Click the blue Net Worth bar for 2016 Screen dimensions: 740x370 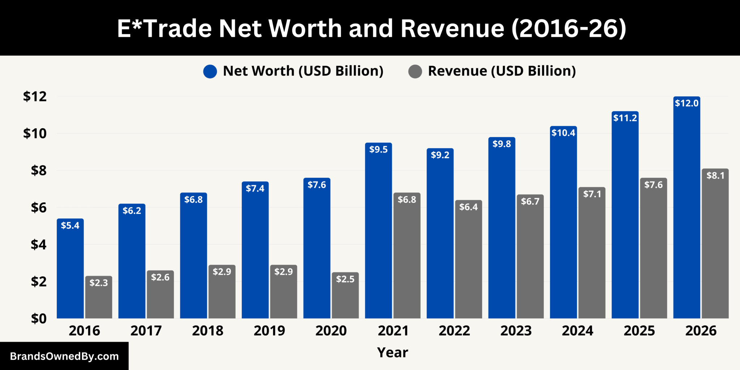[70, 268]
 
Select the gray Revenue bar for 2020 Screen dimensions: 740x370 [345, 295]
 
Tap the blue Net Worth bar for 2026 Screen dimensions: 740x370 [687, 207]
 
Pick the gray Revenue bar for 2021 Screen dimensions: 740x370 [407, 255]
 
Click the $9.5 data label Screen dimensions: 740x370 [378, 150]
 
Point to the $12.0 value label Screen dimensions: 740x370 [687, 103]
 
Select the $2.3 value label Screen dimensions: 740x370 [99, 283]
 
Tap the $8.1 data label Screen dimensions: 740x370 [715, 176]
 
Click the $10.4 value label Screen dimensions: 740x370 [563, 133]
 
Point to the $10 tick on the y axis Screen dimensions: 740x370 [35, 134]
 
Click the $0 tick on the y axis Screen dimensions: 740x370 [39, 319]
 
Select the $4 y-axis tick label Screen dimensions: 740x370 [39, 245]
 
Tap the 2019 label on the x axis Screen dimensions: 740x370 [270, 331]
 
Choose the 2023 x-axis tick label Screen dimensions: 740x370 [516, 331]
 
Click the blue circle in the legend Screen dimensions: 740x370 [210, 72]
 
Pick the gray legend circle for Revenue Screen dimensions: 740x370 [415, 72]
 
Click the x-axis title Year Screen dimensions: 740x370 [393, 353]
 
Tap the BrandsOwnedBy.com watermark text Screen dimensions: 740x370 [64, 357]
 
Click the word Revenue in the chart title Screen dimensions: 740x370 [452, 29]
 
